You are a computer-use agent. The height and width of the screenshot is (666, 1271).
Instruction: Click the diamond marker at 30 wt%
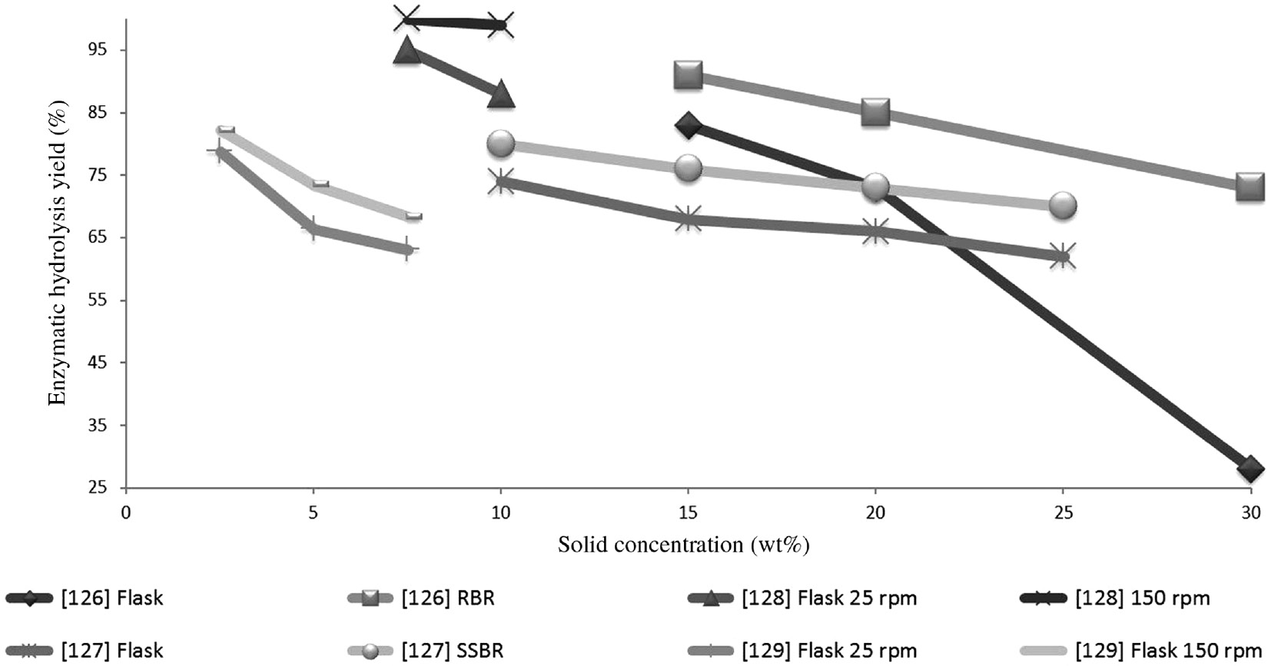click(x=1250, y=469)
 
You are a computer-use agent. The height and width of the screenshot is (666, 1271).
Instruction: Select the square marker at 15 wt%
click(x=688, y=75)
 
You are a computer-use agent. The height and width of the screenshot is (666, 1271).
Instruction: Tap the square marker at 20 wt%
click(x=875, y=113)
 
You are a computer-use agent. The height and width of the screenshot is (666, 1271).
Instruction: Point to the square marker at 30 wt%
click(x=1250, y=187)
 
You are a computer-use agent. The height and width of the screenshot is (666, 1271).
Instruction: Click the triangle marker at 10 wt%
click(x=501, y=93)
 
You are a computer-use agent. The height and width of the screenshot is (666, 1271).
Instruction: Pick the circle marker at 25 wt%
click(x=1063, y=205)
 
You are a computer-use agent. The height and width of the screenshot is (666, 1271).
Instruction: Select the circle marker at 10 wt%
click(x=501, y=143)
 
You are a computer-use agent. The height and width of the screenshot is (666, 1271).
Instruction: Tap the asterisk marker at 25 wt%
click(x=1063, y=256)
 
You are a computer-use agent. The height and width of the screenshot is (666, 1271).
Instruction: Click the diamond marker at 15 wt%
click(x=688, y=125)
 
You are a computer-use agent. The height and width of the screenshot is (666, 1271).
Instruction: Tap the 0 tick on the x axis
click(x=126, y=512)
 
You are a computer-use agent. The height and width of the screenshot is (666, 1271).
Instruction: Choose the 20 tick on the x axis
click(x=875, y=512)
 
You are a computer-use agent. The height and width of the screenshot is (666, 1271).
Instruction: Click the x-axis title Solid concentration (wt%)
click(x=683, y=545)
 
